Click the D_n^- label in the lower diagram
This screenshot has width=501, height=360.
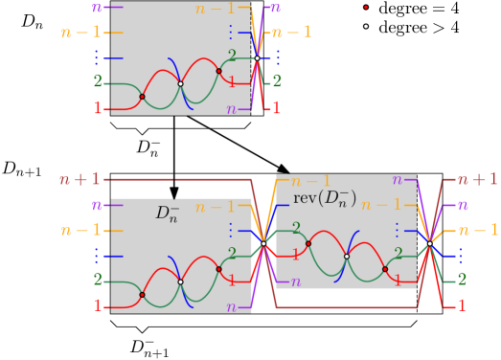click(x=168, y=213)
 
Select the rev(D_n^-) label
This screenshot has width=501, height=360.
click(x=324, y=198)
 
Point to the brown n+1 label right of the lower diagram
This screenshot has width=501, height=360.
click(x=476, y=179)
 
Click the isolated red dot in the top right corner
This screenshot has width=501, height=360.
click(x=365, y=7)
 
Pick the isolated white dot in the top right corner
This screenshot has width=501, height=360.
click(x=365, y=26)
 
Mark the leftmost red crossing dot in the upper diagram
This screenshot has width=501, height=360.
click(x=142, y=97)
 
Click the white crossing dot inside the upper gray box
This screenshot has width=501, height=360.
click(x=180, y=83)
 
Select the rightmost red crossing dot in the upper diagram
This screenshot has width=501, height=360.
click(x=219, y=71)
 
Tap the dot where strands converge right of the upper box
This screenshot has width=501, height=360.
click(x=257, y=58)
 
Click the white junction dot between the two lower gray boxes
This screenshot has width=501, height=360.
click(x=263, y=243)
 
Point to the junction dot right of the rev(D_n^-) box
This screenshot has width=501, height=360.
click(x=430, y=243)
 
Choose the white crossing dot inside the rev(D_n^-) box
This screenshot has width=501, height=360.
click(x=347, y=256)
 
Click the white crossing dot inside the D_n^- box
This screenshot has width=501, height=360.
click(x=180, y=281)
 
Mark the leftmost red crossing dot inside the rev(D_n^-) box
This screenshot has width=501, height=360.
click(x=308, y=243)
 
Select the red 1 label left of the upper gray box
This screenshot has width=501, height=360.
click(x=97, y=109)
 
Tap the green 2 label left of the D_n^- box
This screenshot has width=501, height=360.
click(x=97, y=281)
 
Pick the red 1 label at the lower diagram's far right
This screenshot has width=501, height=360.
click(x=462, y=305)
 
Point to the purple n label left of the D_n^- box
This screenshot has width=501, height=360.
click(x=97, y=205)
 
